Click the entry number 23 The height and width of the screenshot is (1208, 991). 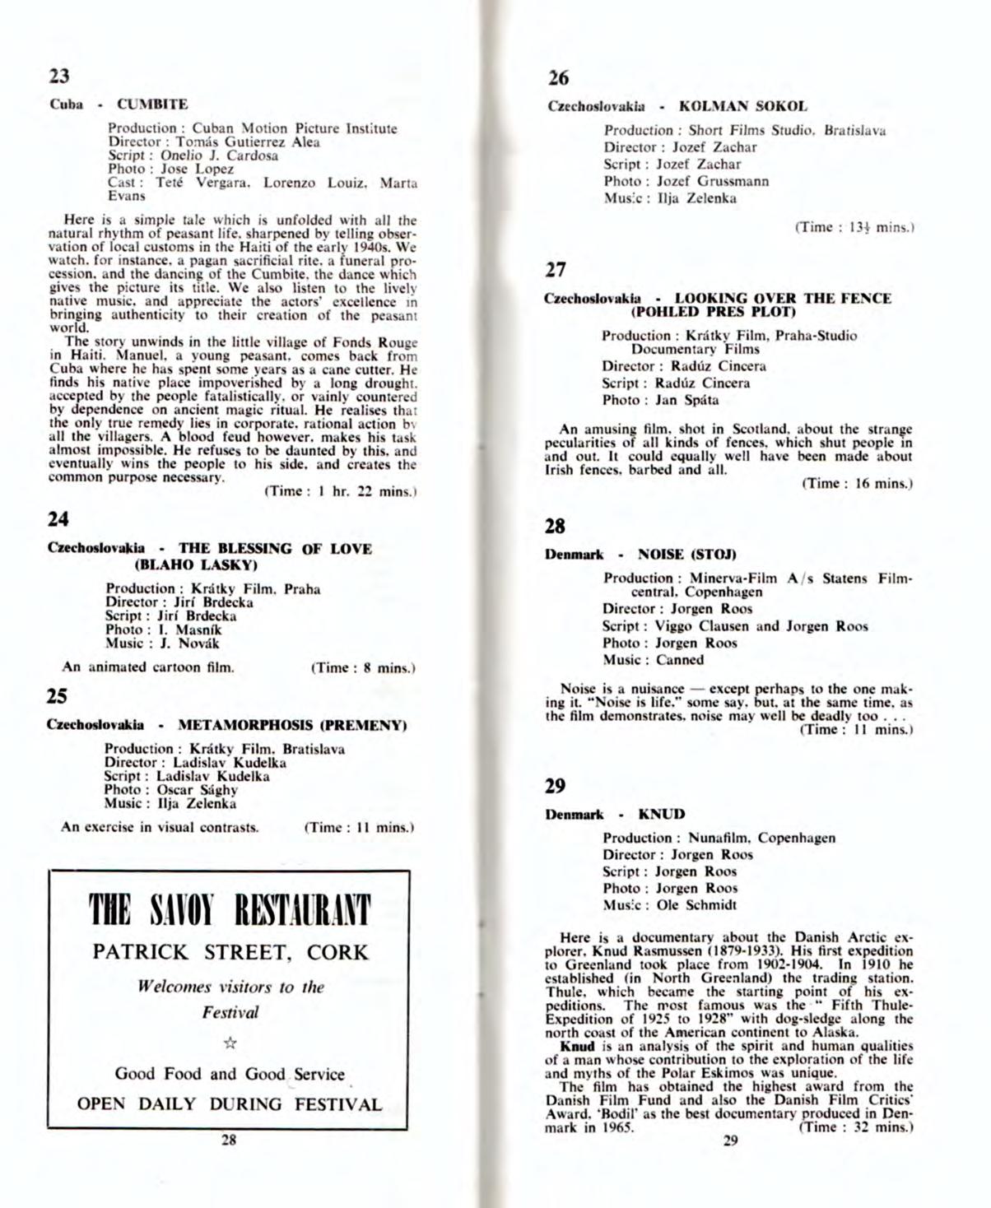[59, 77]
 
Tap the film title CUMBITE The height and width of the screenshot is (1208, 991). [152, 105]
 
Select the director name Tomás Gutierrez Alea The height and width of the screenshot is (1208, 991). [248, 142]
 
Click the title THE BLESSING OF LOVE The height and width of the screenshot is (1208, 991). [275, 549]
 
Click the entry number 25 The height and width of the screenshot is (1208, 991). [57, 696]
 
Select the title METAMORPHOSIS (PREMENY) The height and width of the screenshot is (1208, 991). [292, 726]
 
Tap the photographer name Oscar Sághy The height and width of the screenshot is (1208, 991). [198, 790]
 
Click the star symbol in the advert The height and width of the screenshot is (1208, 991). [230, 1043]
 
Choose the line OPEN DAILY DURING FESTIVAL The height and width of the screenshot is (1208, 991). [230, 1104]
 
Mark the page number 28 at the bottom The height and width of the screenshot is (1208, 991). [229, 1140]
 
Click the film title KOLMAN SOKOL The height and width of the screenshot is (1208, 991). [742, 106]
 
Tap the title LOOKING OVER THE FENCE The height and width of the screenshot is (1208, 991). [783, 298]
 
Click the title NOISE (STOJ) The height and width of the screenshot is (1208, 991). [687, 555]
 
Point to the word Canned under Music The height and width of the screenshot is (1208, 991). [680, 660]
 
